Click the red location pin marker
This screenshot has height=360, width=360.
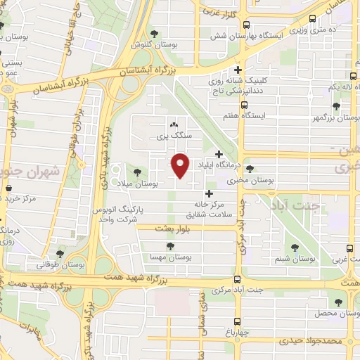click(181, 165)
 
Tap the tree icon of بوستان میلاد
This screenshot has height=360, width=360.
click(136, 171)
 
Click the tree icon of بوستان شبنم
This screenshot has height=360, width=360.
click(295, 247)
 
